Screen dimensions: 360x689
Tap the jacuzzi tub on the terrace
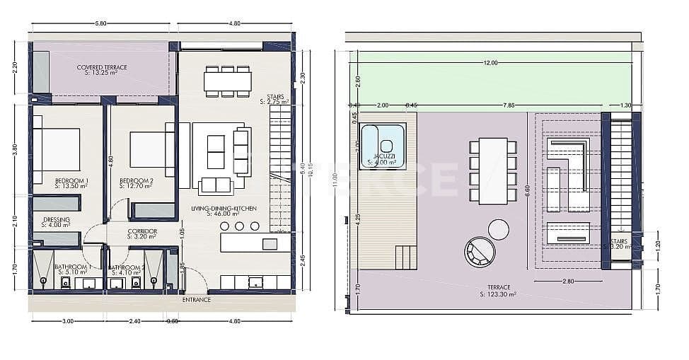pyautogui.click(x=383, y=145)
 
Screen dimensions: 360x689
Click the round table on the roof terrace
pyautogui.click(x=498, y=229)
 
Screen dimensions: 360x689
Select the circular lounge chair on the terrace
pyautogui.click(x=480, y=252)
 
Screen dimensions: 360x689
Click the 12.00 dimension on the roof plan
pyautogui.click(x=490, y=63)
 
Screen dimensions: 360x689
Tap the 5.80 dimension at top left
pyautogui.click(x=100, y=23)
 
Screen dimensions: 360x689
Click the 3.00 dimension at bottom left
pyautogui.click(x=68, y=321)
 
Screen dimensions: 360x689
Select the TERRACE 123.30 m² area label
pyautogui.click(x=494, y=290)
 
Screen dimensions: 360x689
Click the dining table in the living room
pyautogui.click(x=227, y=81)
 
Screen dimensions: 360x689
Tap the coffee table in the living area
pyautogui.click(x=216, y=150)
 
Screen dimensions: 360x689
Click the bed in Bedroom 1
pyautogui.click(x=58, y=149)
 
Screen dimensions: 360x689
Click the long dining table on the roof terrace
pyautogui.click(x=493, y=170)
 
